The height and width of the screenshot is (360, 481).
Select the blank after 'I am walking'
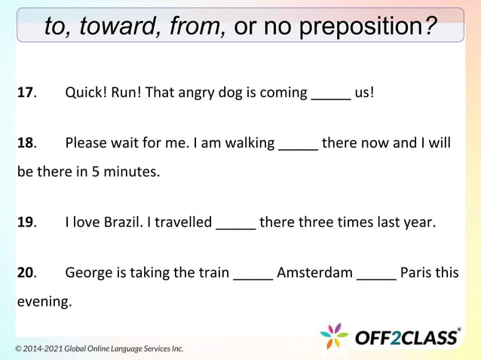tap(298, 146)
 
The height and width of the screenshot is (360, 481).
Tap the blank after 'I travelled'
tap(236, 225)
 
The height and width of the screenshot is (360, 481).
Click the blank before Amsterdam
tap(253, 275)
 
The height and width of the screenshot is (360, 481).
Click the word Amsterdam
tap(314, 272)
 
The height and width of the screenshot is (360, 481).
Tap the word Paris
tap(417, 272)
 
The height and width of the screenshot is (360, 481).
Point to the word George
tap(87, 273)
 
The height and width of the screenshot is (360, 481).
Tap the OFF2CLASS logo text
tap(408, 337)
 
